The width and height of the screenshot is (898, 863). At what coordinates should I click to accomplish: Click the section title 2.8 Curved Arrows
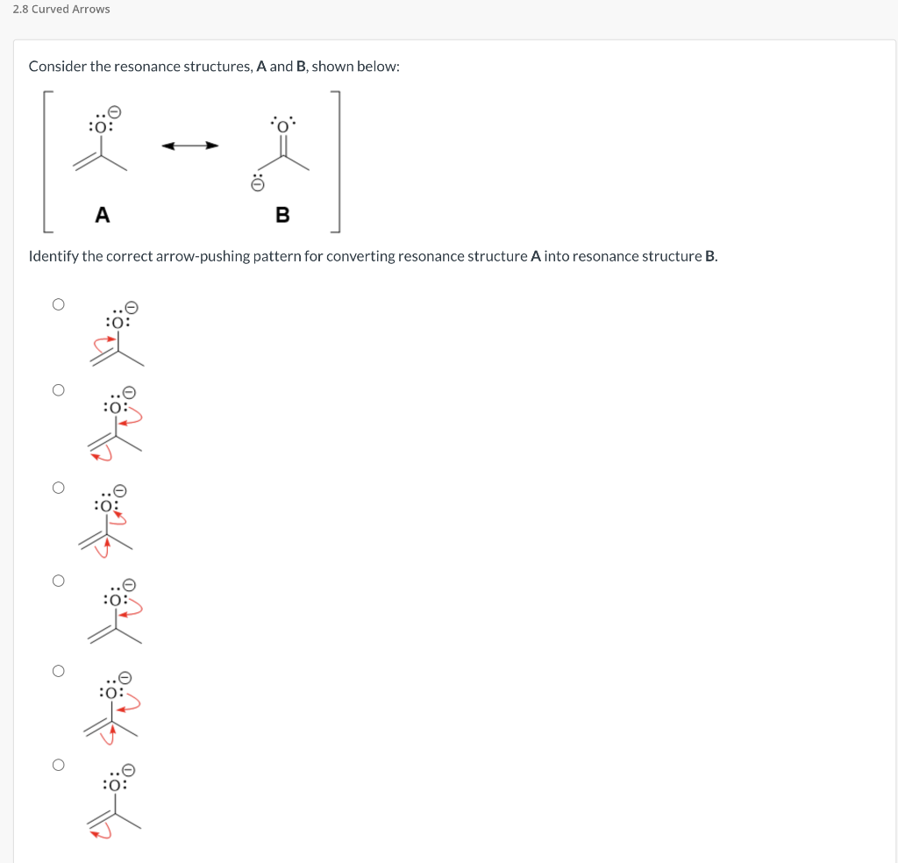pyautogui.click(x=61, y=9)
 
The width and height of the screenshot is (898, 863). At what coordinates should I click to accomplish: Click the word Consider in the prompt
pyautogui.click(x=57, y=67)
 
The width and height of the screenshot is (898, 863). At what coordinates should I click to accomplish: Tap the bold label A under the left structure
pyautogui.click(x=103, y=214)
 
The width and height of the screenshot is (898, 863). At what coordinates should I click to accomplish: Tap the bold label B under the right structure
pyautogui.click(x=282, y=215)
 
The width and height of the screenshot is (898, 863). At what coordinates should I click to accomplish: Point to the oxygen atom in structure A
pyautogui.click(x=102, y=127)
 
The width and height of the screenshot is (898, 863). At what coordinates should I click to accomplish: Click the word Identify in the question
pyautogui.click(x=54, y=257)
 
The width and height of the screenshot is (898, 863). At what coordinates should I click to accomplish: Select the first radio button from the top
pyautogui.click(x=58, y=304)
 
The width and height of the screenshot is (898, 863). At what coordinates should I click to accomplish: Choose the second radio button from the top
pyautogui.click(x=58, y=390)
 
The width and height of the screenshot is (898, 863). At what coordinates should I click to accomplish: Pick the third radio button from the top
pyautogui.click(x=58, y=488)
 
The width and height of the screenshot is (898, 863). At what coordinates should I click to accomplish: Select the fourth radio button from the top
pyautogui.click(x=58, y=580)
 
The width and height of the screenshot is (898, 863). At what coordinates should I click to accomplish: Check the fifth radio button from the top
pyautogui.click(x=58, y=671)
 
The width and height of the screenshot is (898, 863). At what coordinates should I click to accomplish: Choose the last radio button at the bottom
pyautogui.click(x=58, y=764)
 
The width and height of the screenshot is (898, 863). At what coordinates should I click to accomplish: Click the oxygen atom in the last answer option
pyautogui.click(x=115, y=785)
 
